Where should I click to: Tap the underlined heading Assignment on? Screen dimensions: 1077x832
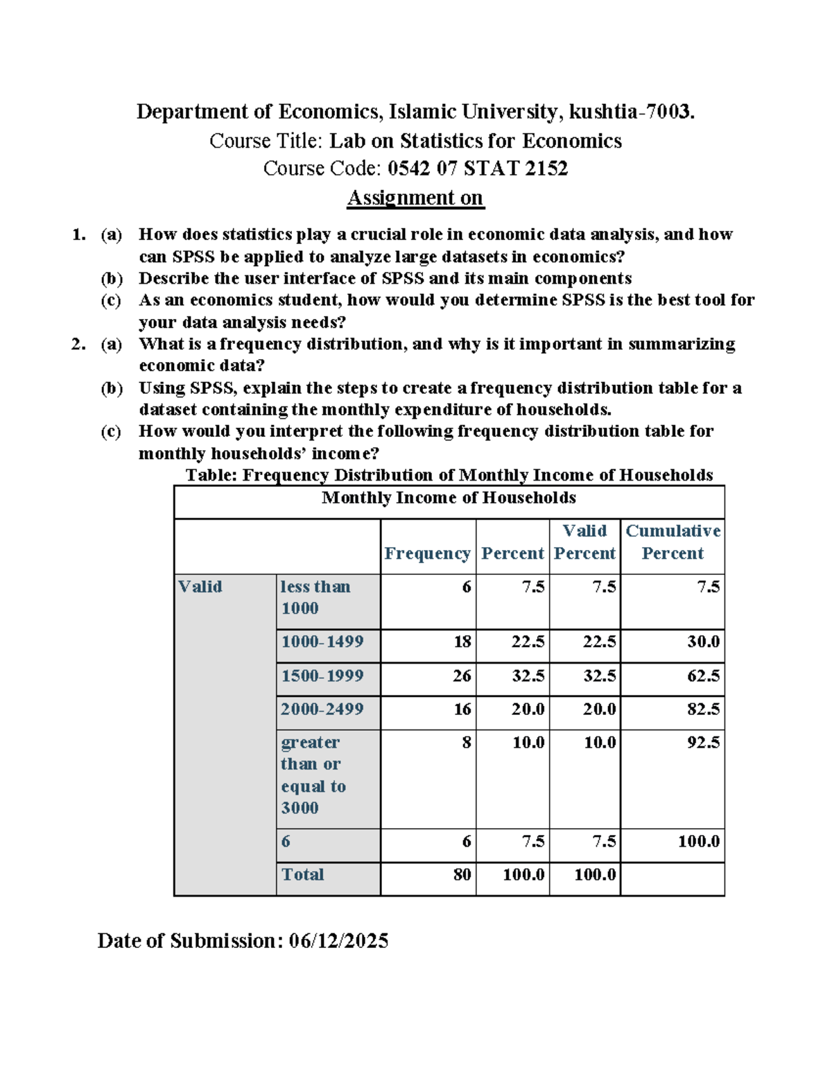coord(415,198)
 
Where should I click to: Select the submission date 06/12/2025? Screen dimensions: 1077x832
coord(338,940)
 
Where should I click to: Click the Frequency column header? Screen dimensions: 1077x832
coord(427,553)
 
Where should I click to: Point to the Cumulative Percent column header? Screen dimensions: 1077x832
coord(673,542)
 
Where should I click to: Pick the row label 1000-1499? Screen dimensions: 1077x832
coord(322,641)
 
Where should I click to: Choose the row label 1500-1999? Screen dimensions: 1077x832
coord(322,675)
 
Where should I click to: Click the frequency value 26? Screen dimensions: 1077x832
coord(462,675)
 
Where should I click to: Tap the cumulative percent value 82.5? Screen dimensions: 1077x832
coord(703,709)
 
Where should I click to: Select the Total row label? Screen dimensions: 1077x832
coord(302,874)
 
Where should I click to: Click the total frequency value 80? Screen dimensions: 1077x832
coord(462,874)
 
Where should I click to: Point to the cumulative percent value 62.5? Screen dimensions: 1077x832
coord(703,675)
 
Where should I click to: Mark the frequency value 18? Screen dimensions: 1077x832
coord(462,641)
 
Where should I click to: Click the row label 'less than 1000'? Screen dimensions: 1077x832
coord(315,597)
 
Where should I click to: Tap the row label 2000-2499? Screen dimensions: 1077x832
coord(322,709)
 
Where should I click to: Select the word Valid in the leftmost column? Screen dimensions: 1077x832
coord(200,587)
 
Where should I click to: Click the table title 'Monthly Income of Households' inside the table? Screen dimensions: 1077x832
coord(449,498)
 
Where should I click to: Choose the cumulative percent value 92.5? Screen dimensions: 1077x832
coord(703,742)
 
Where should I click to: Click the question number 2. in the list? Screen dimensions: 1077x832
coord(78,344)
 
